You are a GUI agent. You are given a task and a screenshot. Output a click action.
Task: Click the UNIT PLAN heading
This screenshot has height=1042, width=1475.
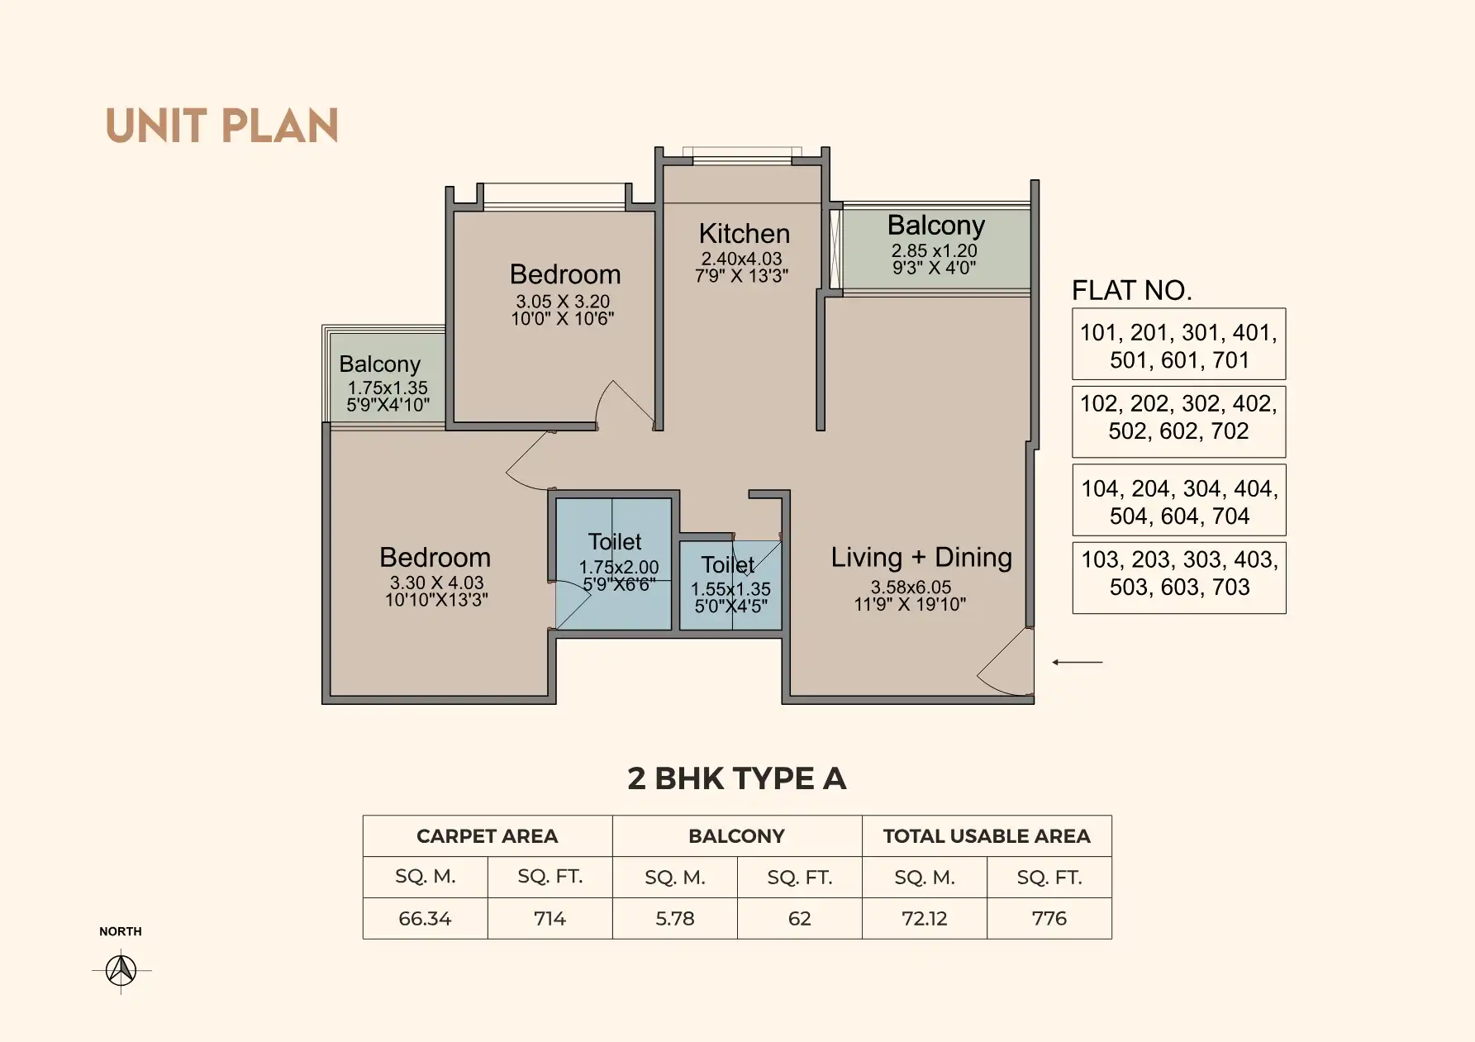tap(221, 126)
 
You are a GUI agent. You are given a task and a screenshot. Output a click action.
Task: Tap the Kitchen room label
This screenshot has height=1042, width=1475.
tap(745, 233)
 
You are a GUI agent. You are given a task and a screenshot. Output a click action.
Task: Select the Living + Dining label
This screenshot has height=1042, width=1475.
tap(921, 557)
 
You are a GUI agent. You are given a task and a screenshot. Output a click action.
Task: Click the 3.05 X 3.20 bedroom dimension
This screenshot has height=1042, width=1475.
tap(563, 302)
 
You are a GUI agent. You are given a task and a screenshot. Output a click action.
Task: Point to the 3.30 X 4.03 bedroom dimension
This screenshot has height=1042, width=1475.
tap(436, 583)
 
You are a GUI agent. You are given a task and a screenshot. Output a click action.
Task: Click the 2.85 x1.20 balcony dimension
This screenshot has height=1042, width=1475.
tap(934, 250)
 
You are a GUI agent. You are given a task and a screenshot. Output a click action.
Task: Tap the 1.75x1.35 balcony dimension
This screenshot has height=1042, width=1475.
tap(388, 388)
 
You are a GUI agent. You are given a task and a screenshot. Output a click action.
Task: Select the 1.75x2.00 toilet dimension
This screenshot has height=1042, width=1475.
tap(619, 568)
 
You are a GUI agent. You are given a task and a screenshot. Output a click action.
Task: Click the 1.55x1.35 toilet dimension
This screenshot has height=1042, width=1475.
tap(730, 589)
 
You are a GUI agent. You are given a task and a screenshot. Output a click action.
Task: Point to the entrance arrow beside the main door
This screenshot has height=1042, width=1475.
tap(1077, 662)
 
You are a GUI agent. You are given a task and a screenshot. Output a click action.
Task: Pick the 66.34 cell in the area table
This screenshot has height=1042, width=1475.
tap(425, 918)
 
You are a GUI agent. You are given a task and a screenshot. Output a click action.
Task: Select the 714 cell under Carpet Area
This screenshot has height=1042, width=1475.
tap(550, 918)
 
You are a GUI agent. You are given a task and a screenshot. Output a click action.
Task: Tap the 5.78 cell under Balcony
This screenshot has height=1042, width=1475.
tap(675, 918)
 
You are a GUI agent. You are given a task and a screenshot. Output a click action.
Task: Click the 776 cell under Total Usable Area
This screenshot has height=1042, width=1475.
tap(1049, 918)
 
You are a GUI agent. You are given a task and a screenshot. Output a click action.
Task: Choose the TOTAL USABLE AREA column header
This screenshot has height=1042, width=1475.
tap(987, 836)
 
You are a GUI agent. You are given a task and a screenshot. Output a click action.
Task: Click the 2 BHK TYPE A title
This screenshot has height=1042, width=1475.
tap(737, 778)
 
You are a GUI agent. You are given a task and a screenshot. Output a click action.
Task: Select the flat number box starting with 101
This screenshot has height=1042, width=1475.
tap(1178, 344)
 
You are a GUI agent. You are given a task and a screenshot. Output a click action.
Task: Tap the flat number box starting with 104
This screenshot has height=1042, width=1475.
tap(1179, 500)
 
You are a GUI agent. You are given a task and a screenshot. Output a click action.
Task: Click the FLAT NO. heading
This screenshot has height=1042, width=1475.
tap(1131, 290)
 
